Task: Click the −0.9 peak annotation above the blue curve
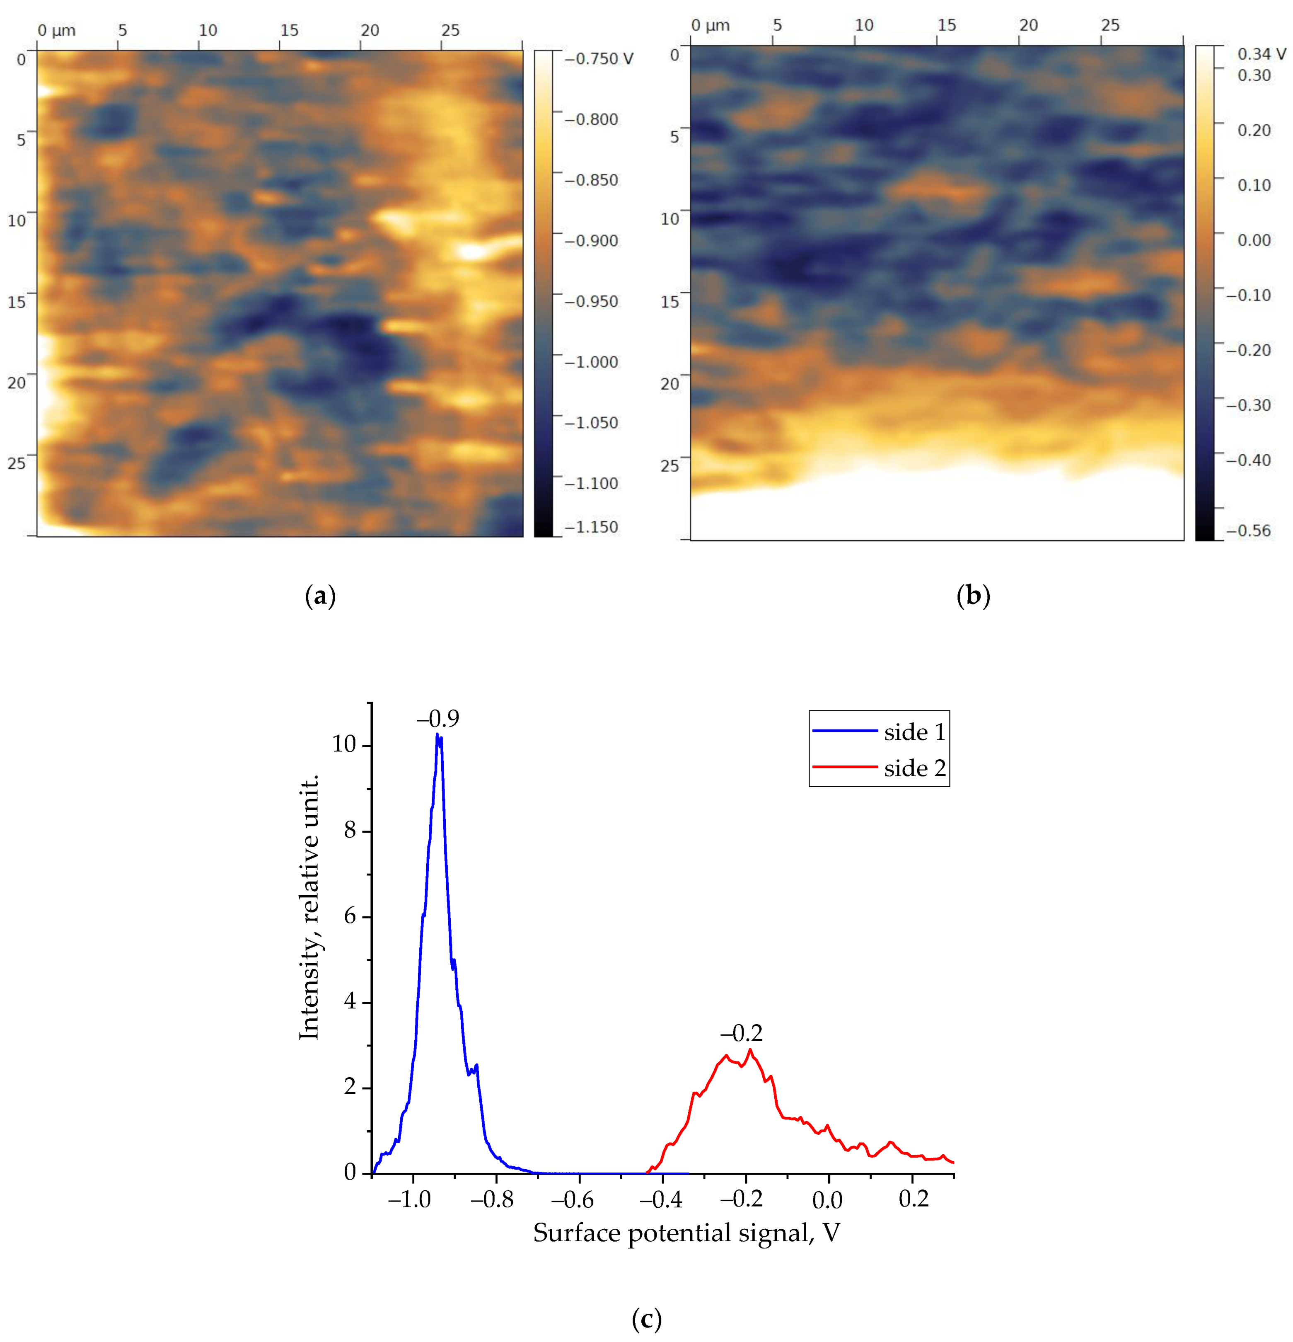(438, 719)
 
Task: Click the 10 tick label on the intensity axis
(344, 744)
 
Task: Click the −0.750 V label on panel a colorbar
(599, 59)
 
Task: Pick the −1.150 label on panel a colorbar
(591, 527)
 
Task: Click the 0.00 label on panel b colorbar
(1254, 240)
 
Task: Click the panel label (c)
(646, 1318)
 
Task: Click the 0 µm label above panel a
(56, 31)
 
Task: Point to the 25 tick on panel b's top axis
(1110, 25)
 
